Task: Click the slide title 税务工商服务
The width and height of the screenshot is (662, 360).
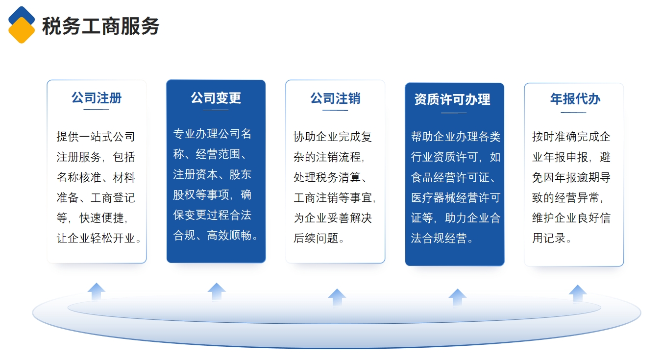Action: [101, 26]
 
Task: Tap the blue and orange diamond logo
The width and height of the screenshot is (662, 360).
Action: [22, 25]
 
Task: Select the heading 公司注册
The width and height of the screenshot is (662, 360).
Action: [97, 98]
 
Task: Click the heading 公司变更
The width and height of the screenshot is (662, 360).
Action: [216, 98]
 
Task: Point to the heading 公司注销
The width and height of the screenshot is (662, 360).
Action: [335, 98]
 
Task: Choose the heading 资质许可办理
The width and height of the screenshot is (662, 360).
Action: [452, 99]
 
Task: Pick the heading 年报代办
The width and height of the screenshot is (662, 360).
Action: [575, 99]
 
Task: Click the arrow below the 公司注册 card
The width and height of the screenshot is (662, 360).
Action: [97, 292]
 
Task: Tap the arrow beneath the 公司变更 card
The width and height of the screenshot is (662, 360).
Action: [217, 292]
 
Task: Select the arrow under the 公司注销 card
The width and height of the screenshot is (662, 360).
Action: [337, 297]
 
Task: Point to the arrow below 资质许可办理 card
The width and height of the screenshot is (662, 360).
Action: [458, 297]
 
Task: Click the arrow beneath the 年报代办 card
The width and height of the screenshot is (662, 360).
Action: [578, 293]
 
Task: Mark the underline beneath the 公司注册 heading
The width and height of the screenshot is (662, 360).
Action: [97, 110]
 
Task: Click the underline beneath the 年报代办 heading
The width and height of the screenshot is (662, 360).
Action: [573, 113]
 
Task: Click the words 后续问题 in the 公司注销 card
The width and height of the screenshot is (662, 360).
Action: [316, 238]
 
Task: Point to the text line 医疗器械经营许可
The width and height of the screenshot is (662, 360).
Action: [456, 197]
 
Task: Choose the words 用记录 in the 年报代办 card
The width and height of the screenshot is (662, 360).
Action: [549, 238]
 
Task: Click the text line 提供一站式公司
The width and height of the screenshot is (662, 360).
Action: [96, 137]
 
